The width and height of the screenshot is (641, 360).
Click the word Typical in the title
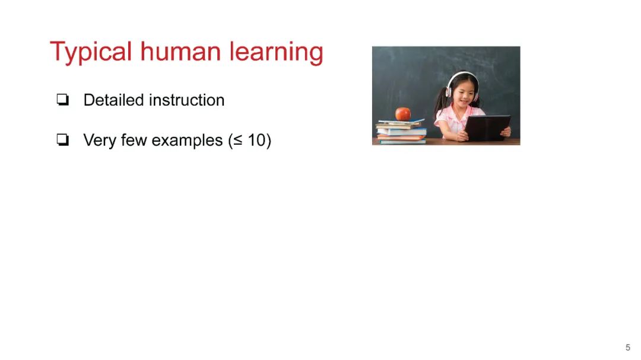pos(91,53)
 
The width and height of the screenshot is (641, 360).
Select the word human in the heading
pos(180,52)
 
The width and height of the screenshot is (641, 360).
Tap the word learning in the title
pos(277,53)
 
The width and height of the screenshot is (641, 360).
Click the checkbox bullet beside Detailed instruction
pos(62,100)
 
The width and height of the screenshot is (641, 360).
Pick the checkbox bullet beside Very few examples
pos(62,140)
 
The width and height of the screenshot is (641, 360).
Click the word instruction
pos(187,100)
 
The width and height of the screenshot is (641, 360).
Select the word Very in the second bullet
pos(100,141)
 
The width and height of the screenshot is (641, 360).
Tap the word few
pos(134,140)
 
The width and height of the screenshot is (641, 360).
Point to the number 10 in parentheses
pos(257,140)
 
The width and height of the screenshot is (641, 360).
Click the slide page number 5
pos(628,348)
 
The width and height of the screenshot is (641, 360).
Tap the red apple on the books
pos(402,114)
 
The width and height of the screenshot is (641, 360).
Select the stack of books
pos(401,131)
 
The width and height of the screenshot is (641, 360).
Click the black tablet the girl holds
pos(487,128)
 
